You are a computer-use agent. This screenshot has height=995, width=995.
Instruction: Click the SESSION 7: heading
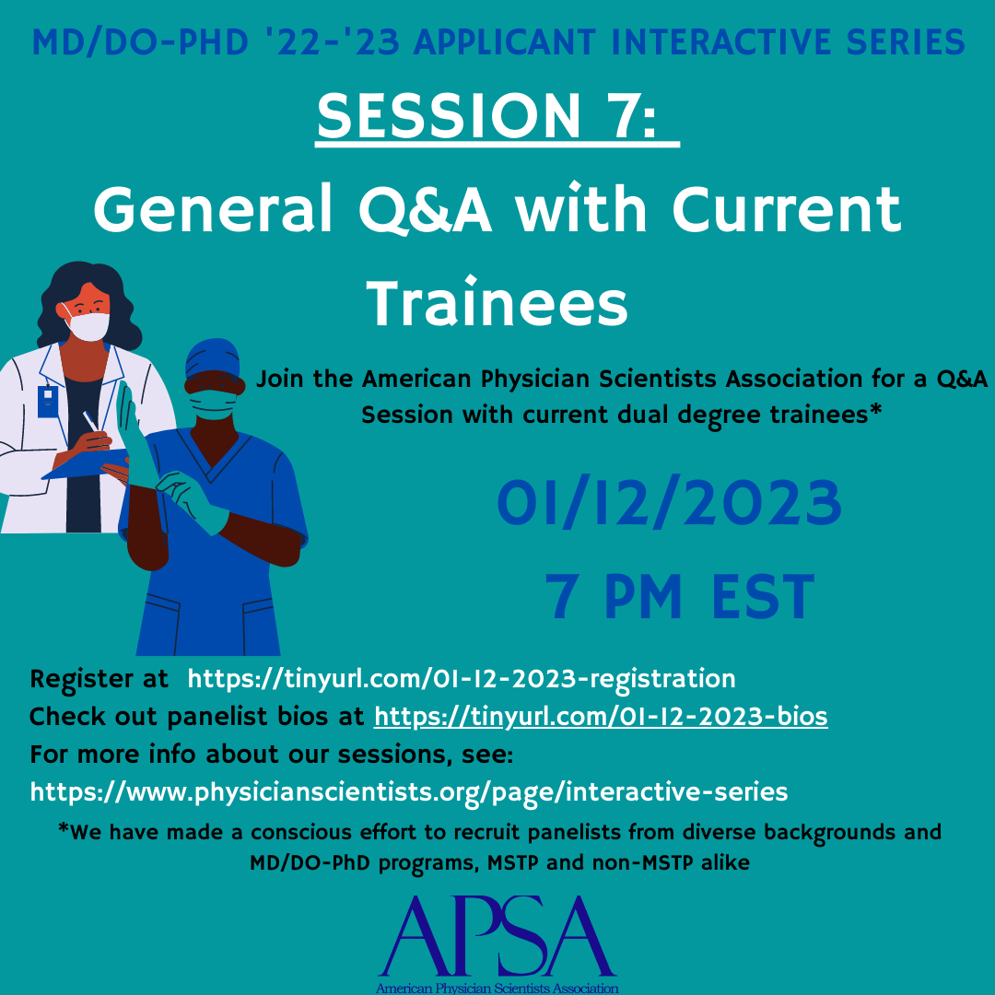[487, 115]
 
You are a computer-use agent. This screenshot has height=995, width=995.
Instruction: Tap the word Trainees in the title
[497, 303]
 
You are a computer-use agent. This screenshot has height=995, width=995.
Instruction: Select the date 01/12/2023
[670, 503]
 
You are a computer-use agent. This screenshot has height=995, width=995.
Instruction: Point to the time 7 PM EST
[680, 596]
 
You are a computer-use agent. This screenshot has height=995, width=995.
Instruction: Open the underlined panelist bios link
[601, 717]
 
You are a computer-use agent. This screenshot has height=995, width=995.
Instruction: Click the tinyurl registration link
[462, 679]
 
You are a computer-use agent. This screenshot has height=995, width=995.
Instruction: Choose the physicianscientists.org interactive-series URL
[409, 792]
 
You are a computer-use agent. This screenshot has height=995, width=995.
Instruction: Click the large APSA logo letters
[497, 936]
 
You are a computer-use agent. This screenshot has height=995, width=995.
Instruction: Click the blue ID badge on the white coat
[48, 401]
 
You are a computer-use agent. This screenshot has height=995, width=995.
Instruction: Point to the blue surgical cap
[213, 358]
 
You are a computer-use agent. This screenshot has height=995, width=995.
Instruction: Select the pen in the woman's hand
[90, 421]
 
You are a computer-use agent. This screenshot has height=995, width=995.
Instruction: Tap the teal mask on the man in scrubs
[213, 404]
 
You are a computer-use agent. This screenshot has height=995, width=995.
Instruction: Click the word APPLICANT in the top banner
[505, 42]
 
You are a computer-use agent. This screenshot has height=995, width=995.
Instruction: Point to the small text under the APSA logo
[497, 988]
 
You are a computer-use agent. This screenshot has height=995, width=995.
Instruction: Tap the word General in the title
[213, 209]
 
